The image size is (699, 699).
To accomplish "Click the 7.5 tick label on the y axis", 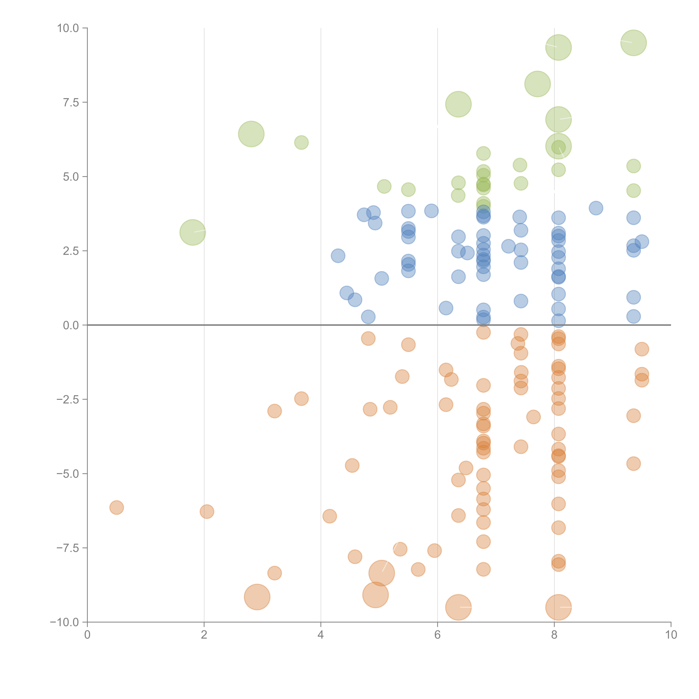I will (x=71, y=102).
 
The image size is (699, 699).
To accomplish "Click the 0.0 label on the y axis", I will (x=71, y=325).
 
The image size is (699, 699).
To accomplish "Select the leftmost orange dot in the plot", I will (x=116, y=508).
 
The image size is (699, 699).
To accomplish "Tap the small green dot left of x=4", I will (x=301, y=143).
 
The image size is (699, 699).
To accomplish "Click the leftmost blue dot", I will (x=338, y=256).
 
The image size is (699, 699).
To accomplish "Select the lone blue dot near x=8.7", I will (x=596, y=208).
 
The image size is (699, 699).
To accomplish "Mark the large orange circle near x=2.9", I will (x=257, y=597).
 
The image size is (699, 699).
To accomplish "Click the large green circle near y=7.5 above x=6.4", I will (x=458, y=104).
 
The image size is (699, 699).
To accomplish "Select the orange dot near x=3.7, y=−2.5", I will (x=301, y=399).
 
